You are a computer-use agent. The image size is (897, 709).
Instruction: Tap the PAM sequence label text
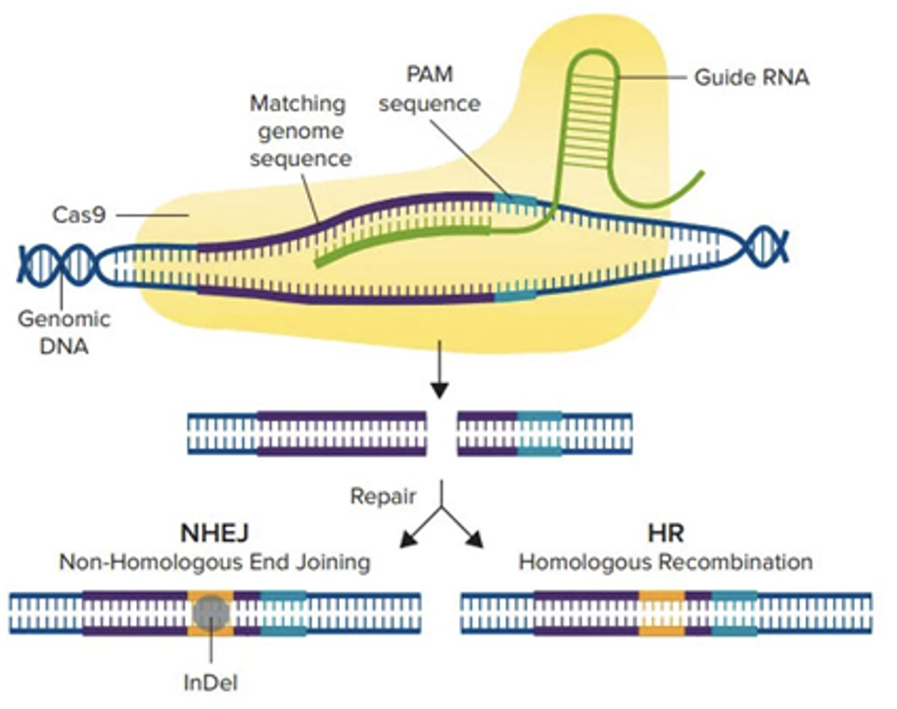430,88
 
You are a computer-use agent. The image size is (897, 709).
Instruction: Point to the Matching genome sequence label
299,130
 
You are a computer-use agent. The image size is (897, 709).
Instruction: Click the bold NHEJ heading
214,534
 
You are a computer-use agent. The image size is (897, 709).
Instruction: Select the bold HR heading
665,534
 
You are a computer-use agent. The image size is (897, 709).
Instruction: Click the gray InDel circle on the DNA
210,613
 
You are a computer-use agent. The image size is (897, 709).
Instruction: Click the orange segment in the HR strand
661,614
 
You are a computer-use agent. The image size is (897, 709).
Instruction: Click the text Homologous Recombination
665,563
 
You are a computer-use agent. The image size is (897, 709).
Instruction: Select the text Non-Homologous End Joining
214,563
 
